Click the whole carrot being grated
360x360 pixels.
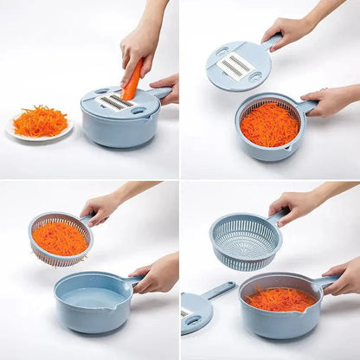pyautogui.click(x=132, y=80)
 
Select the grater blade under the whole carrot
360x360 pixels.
pyautogui.click(x=118, y=102)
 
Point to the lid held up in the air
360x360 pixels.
pyautogui.click(x=238, y=65)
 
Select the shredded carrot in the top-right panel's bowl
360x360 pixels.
pyautogui.click(x=269, y=125)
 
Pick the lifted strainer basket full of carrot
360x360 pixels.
pyautogui.click(x=60, y=239)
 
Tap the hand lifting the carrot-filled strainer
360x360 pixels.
pyautogui.click(x=102, y=208)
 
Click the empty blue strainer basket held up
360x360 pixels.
pyautogui.click(x=245, y=241)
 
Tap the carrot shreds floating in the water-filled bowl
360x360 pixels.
pyautogui.click(x=279, y=299)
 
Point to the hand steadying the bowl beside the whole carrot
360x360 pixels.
pyautogui.click(x=165, y=87)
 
